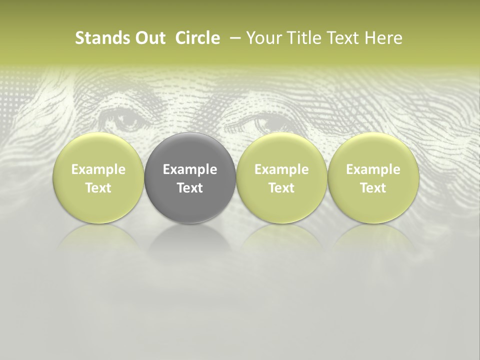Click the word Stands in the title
pos(96,38)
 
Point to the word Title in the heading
pos(303,38)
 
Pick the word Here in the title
pos(383,38)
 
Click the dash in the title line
pos(233,38)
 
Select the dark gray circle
pos(190,177)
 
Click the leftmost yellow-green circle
pos(98,177)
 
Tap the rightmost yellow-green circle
pos(373,177)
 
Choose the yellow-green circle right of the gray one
pos(281,177)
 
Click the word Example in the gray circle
pos(190,169)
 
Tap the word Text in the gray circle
pos(190,188)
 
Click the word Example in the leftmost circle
pos(98,169)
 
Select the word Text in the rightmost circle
pos(373,188)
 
